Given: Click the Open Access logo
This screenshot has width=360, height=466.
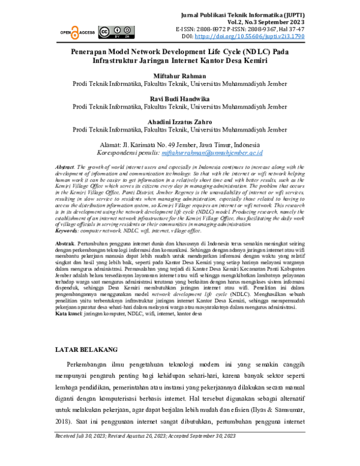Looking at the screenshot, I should click(x=77, y=32).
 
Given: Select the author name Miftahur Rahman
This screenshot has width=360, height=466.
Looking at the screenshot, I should click(x=179, y=76).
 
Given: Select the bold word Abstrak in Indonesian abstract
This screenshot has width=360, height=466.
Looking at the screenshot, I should click(x=64, y=238).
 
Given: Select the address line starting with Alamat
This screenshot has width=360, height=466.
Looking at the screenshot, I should click(x=179, y=145).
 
